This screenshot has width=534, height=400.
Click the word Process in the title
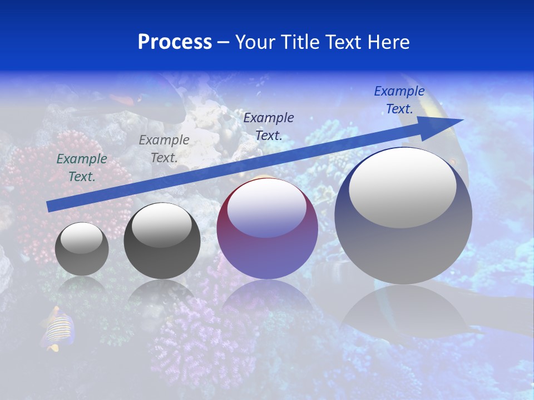175,42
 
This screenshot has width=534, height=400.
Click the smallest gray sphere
82,249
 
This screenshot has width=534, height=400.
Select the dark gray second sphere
162,241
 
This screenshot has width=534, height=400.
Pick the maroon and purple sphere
267,229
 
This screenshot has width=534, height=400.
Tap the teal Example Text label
82,168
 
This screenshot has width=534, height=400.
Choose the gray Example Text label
164,149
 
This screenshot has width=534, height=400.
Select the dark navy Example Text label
269,126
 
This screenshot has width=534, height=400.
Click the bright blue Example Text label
399,100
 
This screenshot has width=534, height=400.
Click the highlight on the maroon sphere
266,207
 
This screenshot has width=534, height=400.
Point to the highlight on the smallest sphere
81,238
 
